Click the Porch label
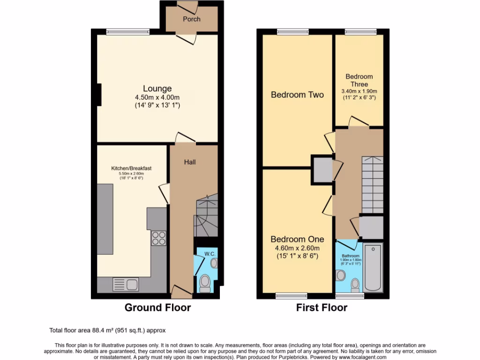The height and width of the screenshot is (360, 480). click(191, 19)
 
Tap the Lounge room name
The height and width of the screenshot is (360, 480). click(157, 89)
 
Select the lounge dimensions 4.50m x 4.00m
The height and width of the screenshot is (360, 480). click(157, 97)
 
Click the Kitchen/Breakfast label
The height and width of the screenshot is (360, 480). click(131, 168)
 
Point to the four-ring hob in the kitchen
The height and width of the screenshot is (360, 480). click(158, 238)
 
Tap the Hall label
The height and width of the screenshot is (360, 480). click(190, 162)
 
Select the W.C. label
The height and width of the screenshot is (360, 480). click(209, 254)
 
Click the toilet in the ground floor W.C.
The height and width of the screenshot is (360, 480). click(204, 283)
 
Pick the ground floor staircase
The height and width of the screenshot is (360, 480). click(206, 217)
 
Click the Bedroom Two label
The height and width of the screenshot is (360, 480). click(297, 95)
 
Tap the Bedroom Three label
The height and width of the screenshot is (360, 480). click(359, 80)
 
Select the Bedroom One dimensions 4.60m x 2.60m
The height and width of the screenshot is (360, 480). click(297, 248)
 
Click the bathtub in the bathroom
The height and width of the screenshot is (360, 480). click(374, 267)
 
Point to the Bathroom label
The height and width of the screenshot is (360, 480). click(350, 256)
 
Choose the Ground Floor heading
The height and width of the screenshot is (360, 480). click(157, 308)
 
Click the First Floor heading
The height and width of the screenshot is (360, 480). click(322, 308)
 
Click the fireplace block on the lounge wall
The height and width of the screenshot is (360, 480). click(99, 94)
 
